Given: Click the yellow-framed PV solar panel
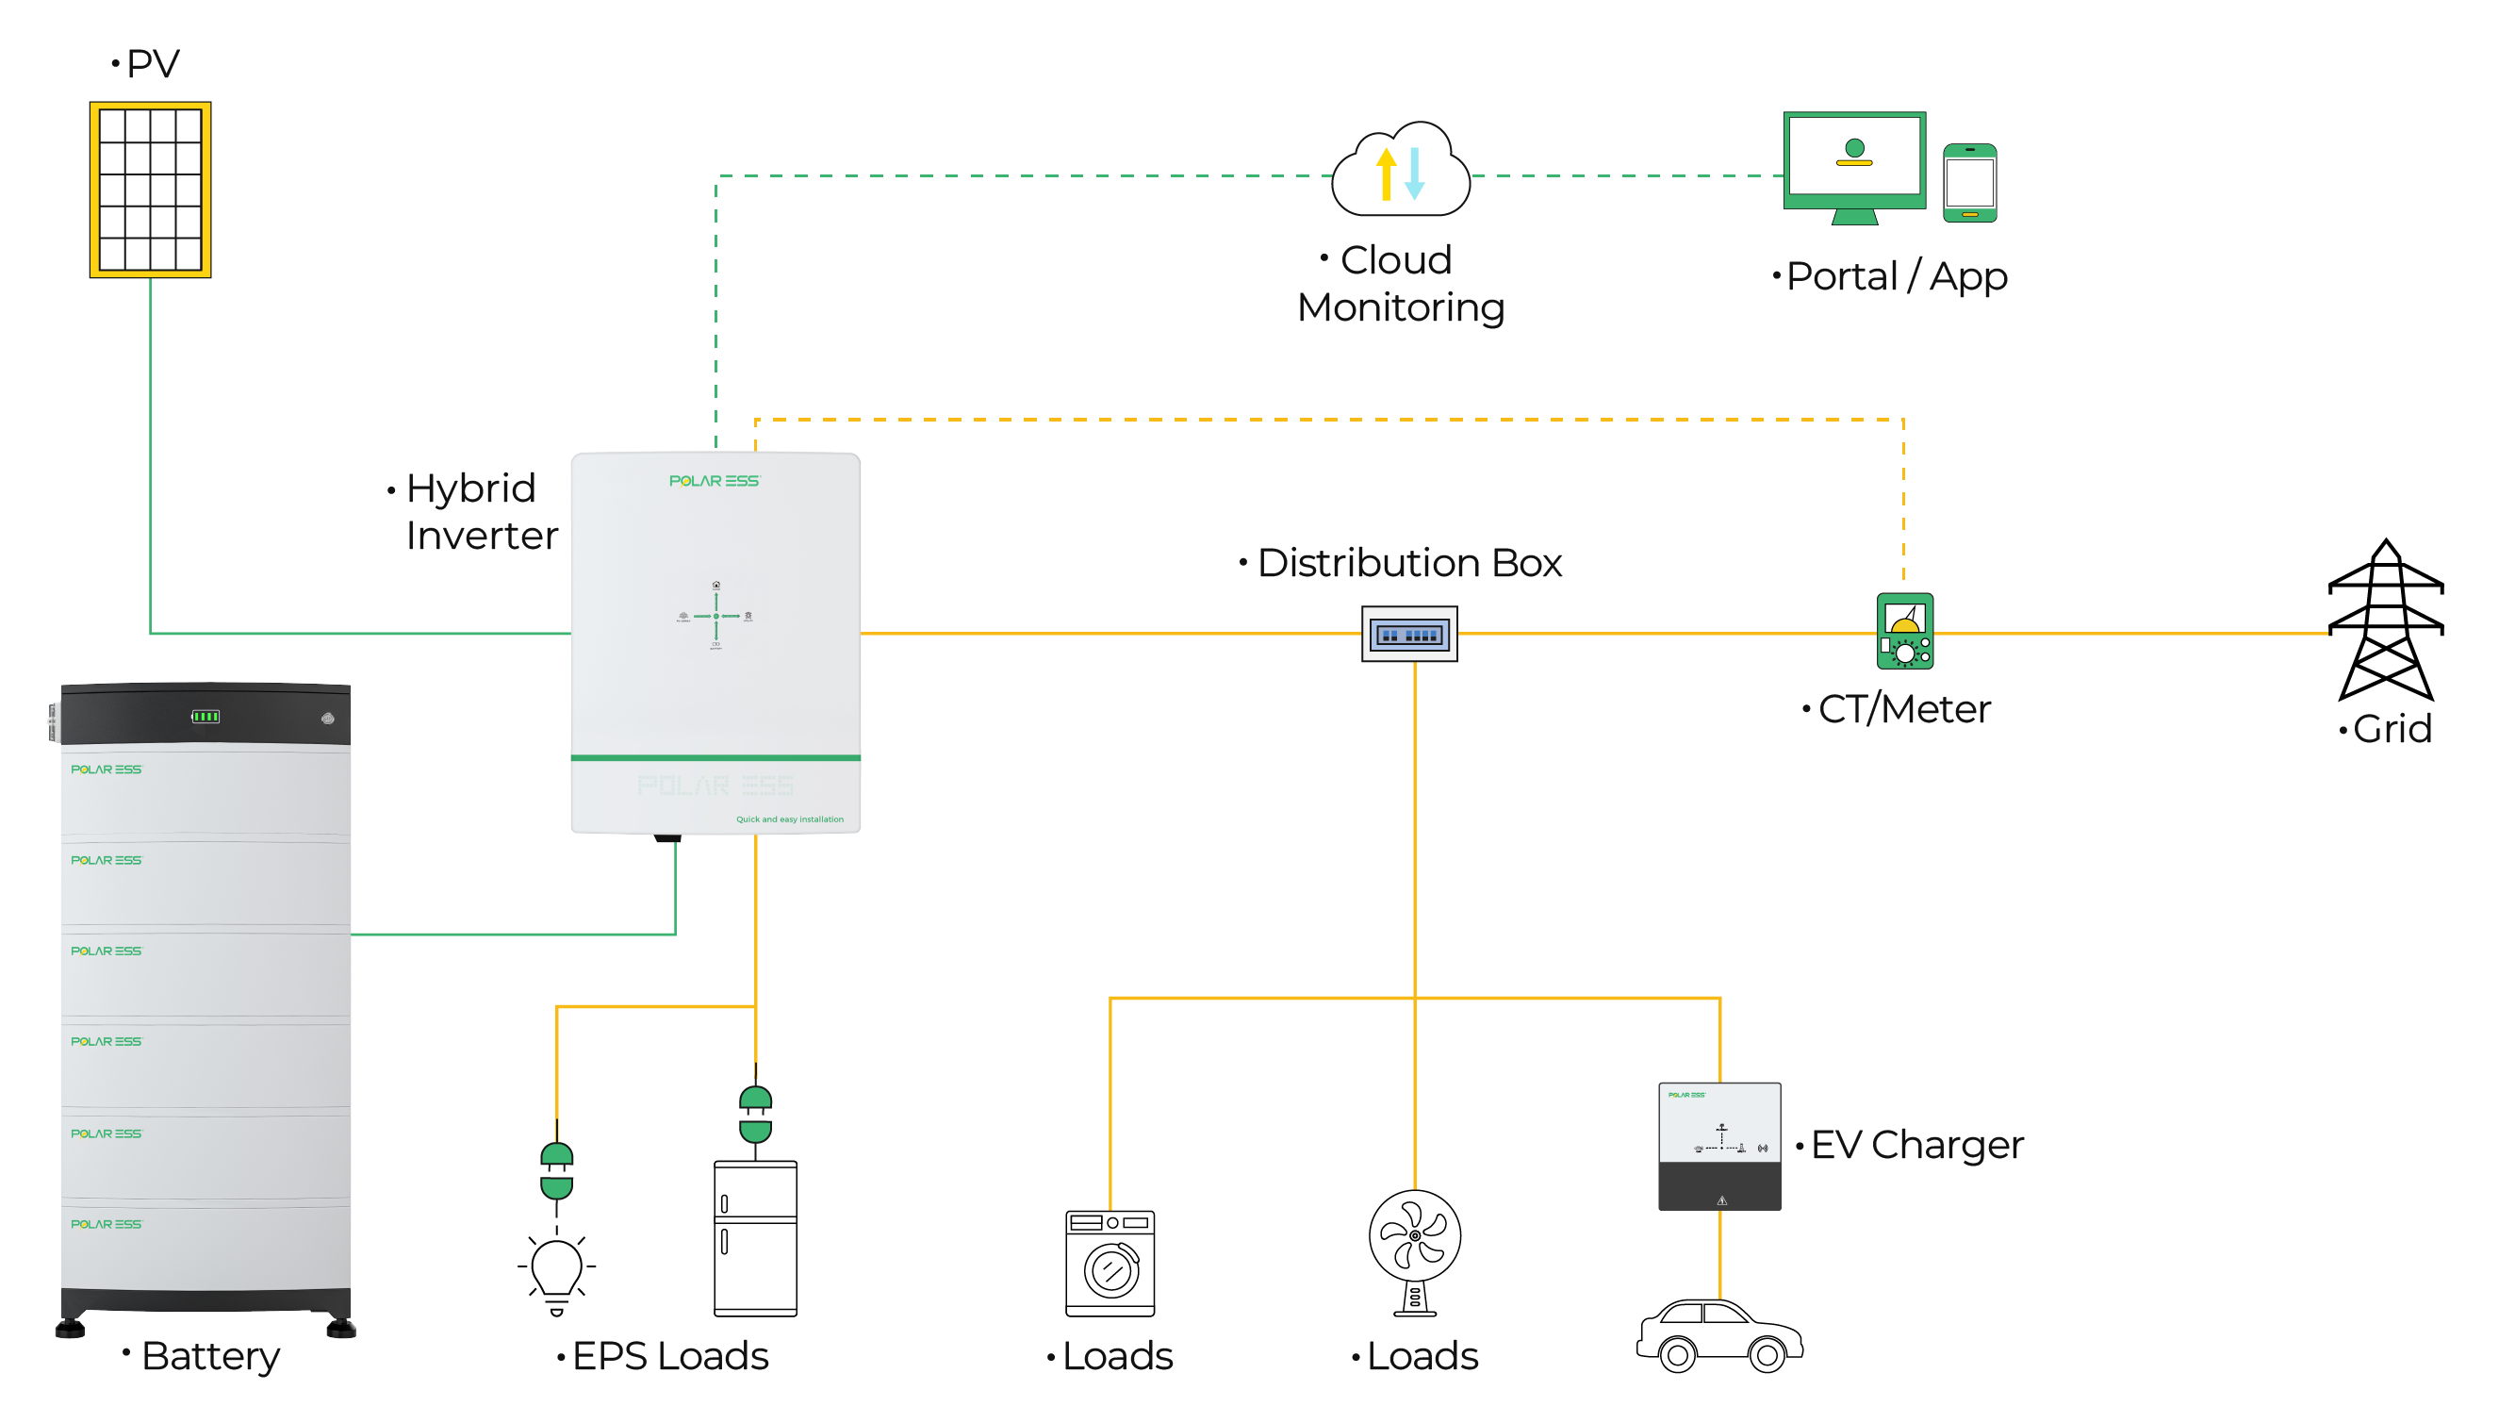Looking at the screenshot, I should click(151, 190).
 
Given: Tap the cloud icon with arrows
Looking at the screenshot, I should click(1400, 171).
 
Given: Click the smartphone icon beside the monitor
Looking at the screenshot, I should click(1968, 183).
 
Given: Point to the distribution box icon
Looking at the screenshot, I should click(1408, 635).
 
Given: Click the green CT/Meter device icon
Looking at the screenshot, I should click(1904, 632).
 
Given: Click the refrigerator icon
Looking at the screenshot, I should click(755, 1237).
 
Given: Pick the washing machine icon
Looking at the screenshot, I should click(1110, 1263).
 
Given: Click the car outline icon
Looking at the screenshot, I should click(1719, 1335).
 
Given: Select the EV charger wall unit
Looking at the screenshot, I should click(1718, 1146).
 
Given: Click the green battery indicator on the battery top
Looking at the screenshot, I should click(206, 717).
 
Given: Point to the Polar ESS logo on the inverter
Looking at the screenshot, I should click(715, 481).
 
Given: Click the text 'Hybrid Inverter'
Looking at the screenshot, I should click(480, 511).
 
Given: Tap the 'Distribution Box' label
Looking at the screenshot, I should click(1407, 563).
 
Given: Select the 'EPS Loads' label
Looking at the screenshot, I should click(669, 1355).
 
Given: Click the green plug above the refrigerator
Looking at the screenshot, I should click(755, 1114).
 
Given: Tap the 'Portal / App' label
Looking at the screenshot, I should click(1896, 276).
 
